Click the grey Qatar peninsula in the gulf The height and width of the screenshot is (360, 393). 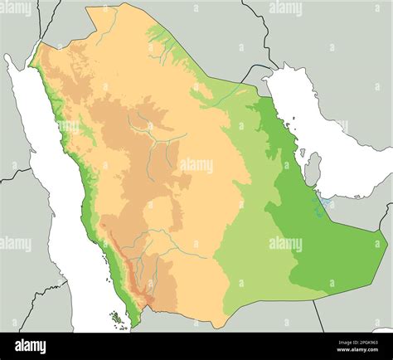(313, 169)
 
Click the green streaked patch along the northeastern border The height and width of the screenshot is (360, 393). (162, 38)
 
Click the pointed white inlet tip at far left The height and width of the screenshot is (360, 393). (7, 56)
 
